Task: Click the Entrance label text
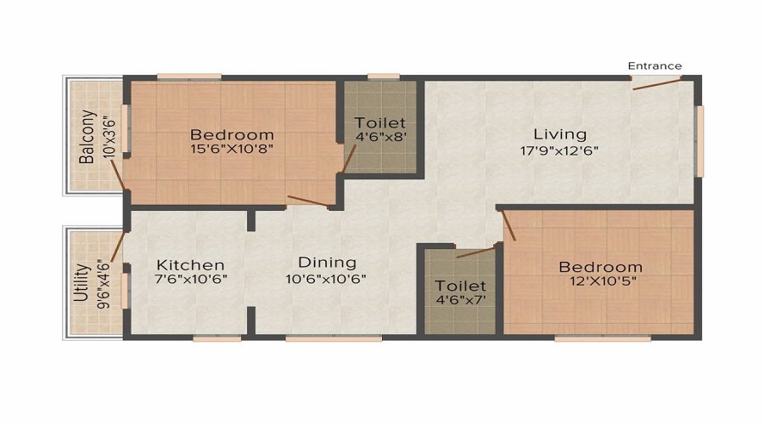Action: click(654, 65)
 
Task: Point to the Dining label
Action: click(327, 263)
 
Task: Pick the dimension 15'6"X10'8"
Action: click(232, 150)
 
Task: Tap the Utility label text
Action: click(82, 285)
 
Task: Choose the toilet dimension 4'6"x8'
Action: click(379, 139)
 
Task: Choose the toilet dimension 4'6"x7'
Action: click(460, 301)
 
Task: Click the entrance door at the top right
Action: click(654, 81)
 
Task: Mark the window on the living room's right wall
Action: click(699, 140)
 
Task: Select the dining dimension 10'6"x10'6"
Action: click(327, 279)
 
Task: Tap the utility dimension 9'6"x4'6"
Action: click(104, 285)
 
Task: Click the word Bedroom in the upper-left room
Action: click(232, 134)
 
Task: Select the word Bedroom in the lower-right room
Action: click(600, 267)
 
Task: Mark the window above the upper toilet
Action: click(384, 77)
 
